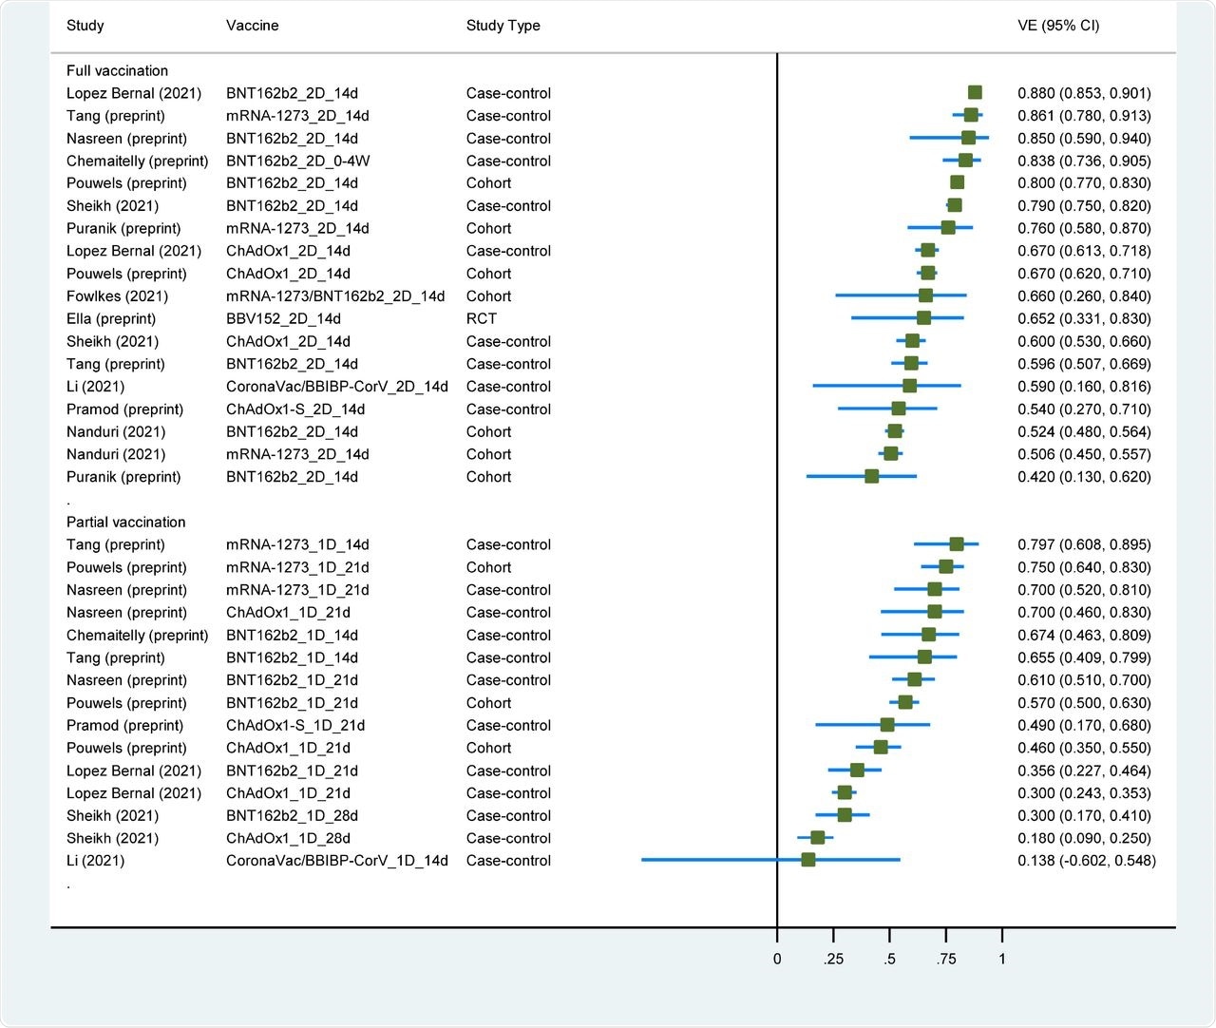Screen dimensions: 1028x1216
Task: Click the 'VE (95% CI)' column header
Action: pos(1058,26)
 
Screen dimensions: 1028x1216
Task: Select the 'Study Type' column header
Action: pos(503,26)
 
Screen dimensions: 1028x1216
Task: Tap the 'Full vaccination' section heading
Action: pos(117,70)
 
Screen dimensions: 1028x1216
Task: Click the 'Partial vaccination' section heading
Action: pos(125,522)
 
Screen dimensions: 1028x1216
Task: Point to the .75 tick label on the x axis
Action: pos(945,959)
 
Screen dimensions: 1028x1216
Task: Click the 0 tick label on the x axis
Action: pos(777,959)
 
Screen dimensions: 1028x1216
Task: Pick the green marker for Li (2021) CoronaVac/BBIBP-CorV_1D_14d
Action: pos(807,860)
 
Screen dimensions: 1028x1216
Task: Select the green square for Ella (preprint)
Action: pos(923,318)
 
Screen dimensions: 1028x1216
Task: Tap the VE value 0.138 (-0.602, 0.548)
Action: pos(1086,861)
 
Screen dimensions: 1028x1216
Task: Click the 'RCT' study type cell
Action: pos(481,318)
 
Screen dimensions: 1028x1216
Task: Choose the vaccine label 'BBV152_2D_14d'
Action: pos(283,318)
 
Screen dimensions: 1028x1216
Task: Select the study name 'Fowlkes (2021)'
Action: pos(117,296)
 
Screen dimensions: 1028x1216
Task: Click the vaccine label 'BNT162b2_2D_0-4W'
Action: pos(297,161)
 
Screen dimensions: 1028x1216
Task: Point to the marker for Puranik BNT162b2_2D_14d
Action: pos(871,477)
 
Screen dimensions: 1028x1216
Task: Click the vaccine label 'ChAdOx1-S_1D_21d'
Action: pos(295,725)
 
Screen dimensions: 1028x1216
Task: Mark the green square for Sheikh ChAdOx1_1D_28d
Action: pos(817,838)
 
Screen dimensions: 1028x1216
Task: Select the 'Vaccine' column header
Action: pos(252,26)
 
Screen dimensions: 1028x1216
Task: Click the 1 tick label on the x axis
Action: pos(1001,959)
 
